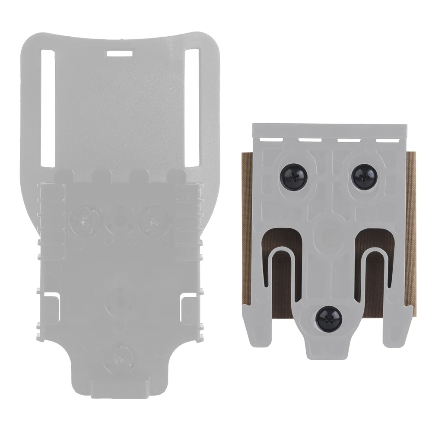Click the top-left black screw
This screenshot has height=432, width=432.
pos(295,175)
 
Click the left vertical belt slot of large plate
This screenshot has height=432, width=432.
pos(48,108)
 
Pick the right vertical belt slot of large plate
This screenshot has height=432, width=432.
pos(191,108)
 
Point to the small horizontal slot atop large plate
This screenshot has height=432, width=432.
pos(120,54)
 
